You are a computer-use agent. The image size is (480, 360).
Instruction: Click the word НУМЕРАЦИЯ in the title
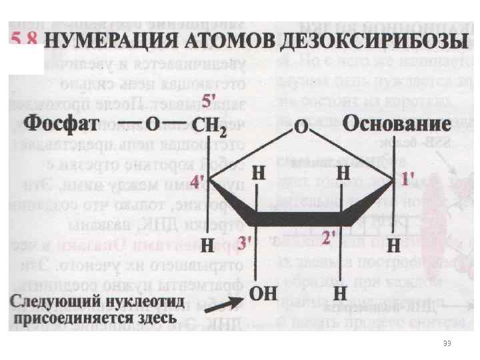pyautogui.click(x=113, y=41)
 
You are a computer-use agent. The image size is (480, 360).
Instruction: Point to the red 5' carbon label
pyautogui.click(x=209, y=101)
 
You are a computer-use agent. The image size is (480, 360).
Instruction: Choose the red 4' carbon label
pyautogui.click(x=198, y=181)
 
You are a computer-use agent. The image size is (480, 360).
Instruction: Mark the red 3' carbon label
pyautogui.click(x=244, y=243)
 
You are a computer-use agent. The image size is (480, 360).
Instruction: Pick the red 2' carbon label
pyautogui.click(x=329, y=237)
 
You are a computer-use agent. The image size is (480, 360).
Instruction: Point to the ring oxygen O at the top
pyautogui.click(x=301, y=127)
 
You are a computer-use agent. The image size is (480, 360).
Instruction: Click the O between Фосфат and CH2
pyautogui.click(x=153, y=125)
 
